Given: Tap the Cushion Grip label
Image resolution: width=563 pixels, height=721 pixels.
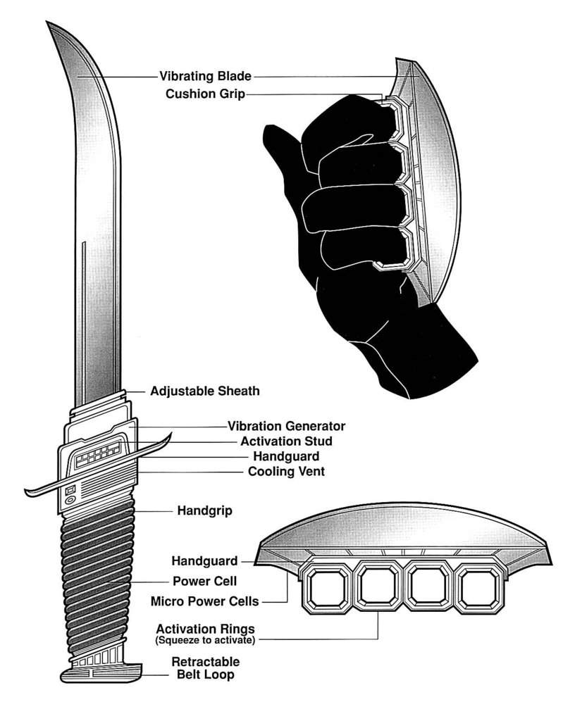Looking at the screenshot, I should (205, 94).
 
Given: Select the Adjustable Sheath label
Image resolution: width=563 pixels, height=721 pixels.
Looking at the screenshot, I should (204, 391).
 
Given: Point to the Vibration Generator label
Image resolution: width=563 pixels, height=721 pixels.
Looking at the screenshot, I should (286, 426).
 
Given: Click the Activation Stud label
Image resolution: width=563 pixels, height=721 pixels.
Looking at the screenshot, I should (286, 441).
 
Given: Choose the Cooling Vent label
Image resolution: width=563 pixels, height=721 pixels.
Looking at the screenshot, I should (286, 472).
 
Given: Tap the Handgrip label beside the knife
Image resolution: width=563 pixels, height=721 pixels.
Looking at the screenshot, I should (204, 510).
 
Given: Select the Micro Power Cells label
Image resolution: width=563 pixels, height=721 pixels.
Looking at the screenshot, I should (205, 601).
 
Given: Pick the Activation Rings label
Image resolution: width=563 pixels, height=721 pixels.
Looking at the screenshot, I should (205, 628).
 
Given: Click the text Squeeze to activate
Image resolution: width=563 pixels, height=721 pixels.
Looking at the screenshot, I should (205, 640).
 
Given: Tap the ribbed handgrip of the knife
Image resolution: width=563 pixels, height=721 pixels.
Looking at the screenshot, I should (99, 577).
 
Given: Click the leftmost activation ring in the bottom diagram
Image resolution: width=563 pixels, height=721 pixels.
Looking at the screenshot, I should (326, 589).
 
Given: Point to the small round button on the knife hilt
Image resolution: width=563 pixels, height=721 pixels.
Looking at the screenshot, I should (70, 501).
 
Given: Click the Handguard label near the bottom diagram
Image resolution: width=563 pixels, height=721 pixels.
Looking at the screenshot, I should (205, 561).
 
